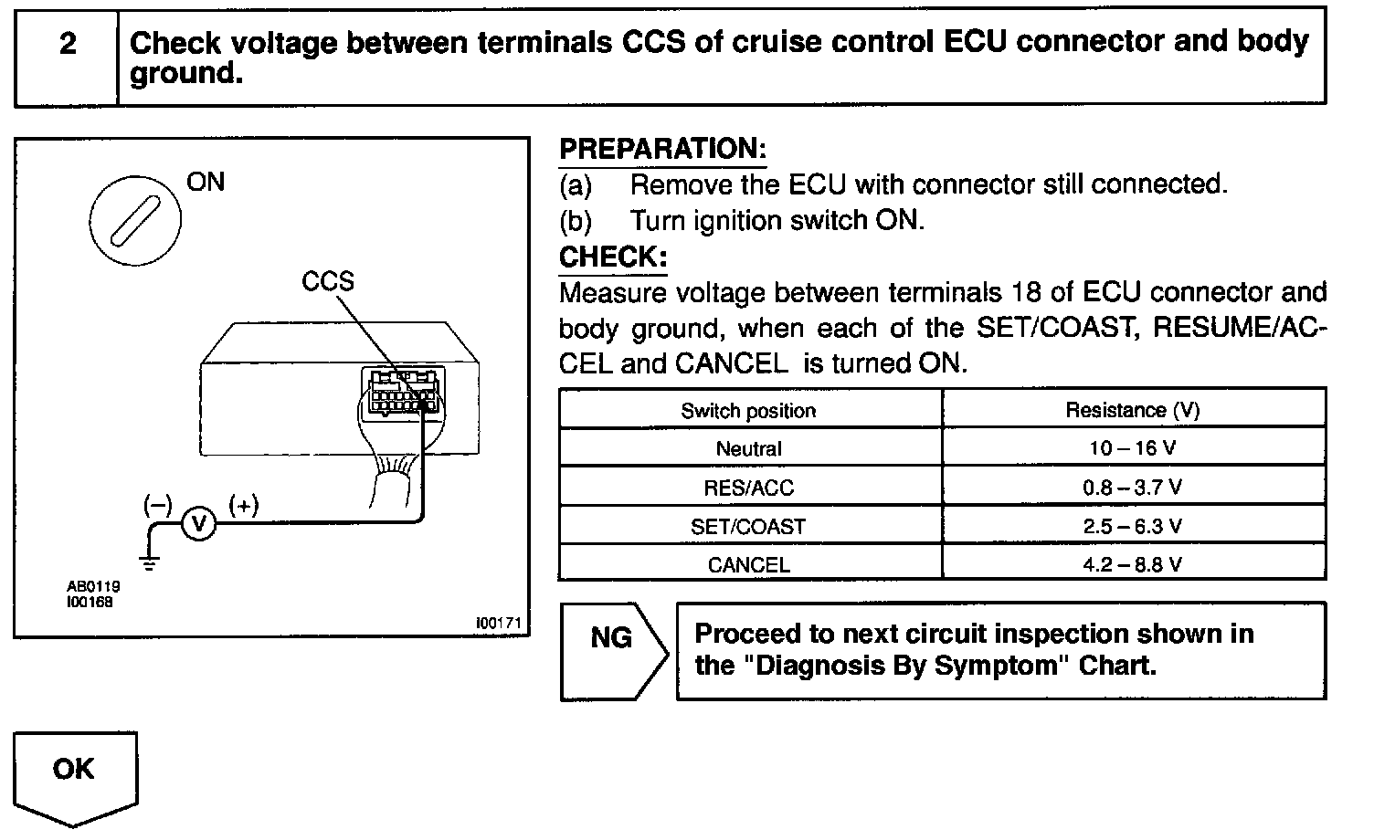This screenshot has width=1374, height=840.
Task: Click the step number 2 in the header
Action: pos(67,44)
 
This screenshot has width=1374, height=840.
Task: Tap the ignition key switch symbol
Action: pos(134,219)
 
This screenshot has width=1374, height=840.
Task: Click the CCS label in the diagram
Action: pos(327,281)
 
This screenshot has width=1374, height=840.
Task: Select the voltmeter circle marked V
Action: pos(199,523)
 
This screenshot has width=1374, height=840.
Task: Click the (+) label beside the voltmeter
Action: pos(244,504)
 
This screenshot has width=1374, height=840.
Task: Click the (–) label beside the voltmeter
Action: pos(157,504)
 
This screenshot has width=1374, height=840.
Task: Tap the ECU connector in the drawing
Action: pos(403,392)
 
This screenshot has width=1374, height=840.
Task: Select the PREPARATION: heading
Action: pos(662,149)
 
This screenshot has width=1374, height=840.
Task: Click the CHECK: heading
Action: pos(612,257)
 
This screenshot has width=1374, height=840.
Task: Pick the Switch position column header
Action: pos(748,411)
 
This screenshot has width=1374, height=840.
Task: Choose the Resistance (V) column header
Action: pos(1133,411)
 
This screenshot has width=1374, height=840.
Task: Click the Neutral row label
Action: pos(748,449)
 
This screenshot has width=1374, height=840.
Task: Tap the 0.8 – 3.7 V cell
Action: pos(1133,488)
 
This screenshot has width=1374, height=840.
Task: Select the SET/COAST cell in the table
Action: pos(748,527)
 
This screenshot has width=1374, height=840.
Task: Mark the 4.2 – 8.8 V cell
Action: pos(1133,564)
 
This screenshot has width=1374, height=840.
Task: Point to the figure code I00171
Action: pos(497,623)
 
